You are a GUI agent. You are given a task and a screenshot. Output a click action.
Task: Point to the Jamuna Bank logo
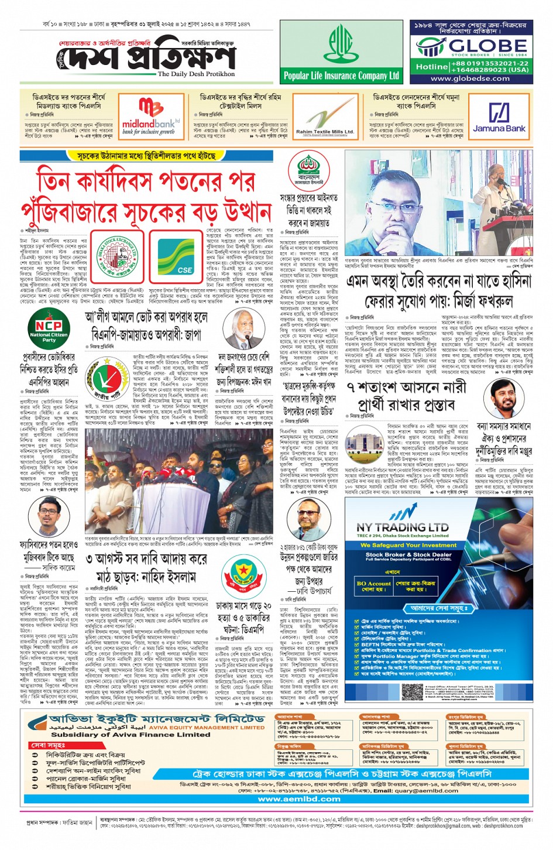[499, 117]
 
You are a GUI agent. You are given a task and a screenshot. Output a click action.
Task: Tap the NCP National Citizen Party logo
[49, 330]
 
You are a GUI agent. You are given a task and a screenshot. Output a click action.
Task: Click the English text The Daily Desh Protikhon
[196, 74]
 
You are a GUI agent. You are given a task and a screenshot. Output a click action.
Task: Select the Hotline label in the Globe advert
[432, 67]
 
